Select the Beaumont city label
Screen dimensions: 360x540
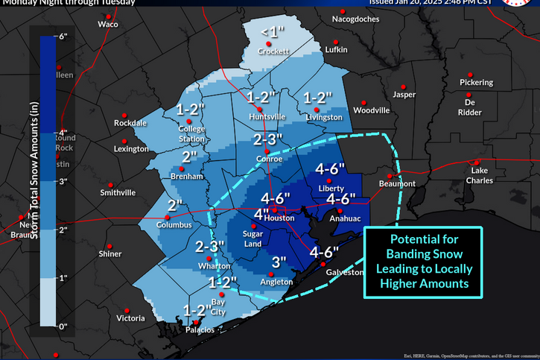tap(396, 183)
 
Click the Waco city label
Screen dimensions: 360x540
tap(109, 25)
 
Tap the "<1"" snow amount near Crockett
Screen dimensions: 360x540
tap(272, 31)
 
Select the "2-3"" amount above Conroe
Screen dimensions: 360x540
tap(269, 139)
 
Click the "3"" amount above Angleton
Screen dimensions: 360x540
tap(279, 262)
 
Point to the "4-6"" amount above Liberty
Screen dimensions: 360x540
tap(331, 169)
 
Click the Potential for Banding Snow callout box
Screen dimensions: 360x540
tap(424, 262)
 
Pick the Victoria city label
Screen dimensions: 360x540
tap(130, 318)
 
